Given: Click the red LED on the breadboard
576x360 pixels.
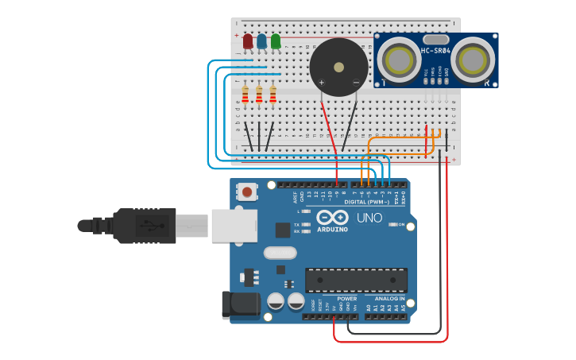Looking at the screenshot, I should click(248, 41).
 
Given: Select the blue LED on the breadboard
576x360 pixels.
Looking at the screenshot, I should click(261, 41).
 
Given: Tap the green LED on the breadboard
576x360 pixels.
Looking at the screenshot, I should click(275, 41).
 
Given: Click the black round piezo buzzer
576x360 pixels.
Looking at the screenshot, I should click(339, 67).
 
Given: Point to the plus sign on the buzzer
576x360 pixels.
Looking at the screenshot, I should click(322, 83).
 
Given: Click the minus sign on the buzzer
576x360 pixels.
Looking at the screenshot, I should click(356, 83).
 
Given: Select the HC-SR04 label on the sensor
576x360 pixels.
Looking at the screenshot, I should click(435, 51).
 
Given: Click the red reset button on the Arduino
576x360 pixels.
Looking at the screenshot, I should click(248, 192).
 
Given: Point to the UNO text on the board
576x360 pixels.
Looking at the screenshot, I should click(369, 218).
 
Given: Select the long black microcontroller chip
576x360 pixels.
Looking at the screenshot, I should click(356, 281).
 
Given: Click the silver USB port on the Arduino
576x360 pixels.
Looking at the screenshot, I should click(233, 225).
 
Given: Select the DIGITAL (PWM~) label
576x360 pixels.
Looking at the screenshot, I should click(368, 202).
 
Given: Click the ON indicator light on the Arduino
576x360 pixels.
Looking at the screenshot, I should click(392, 225).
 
